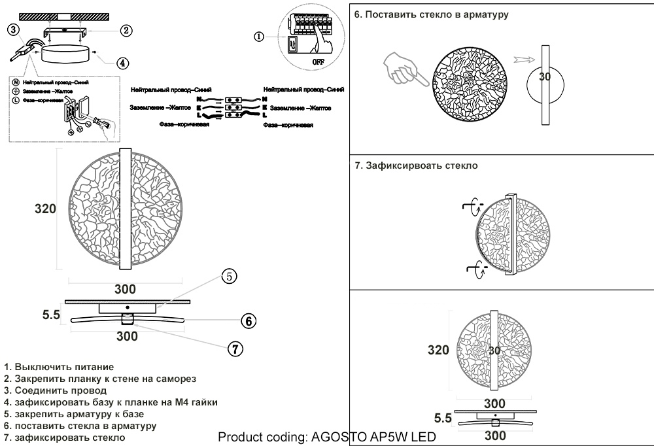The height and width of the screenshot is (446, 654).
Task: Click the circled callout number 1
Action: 259,37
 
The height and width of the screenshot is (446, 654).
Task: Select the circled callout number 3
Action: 14,29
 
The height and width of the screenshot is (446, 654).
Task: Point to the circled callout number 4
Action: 122,63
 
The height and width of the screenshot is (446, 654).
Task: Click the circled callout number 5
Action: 228,276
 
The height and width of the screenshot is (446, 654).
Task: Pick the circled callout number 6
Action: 247,321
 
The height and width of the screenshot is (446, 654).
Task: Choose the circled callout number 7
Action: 235,349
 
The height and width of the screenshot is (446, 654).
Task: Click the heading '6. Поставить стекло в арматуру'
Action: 431,14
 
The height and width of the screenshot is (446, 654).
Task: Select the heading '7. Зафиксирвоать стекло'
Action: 416,165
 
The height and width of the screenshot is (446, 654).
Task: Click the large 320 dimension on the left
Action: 45,209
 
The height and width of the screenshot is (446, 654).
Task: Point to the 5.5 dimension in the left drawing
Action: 51,315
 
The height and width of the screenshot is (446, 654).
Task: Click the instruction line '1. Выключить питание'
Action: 59,367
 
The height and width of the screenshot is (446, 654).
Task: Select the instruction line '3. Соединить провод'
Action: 55,390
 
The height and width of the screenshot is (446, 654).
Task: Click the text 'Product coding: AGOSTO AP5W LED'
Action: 326,437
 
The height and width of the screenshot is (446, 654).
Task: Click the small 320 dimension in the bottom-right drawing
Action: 438,350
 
